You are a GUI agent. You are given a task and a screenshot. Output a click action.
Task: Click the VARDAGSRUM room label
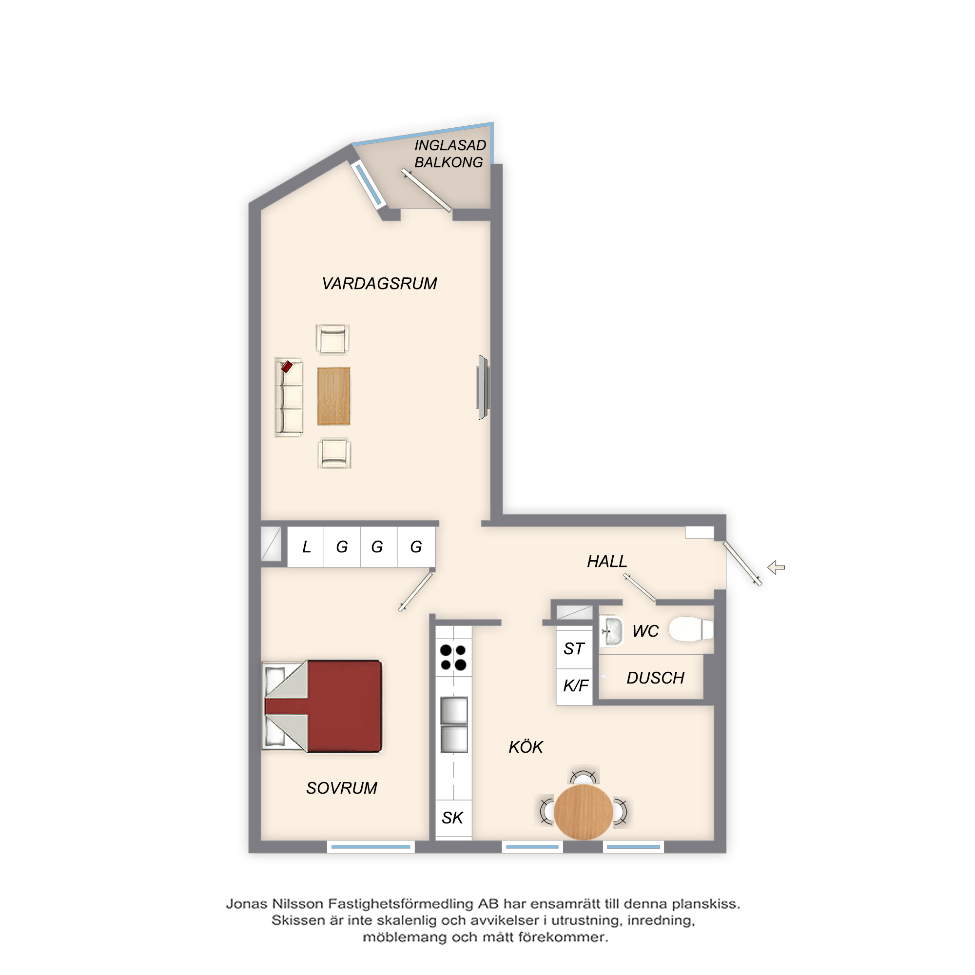coord(379,284)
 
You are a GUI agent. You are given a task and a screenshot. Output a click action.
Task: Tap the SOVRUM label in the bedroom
coord(342,788)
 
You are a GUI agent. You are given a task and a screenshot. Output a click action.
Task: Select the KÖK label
coord(526,746)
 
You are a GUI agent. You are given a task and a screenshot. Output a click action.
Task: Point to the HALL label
coord(606,561)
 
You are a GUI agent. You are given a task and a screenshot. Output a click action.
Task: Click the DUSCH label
coord(655,678)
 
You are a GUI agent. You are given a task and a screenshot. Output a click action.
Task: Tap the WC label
coord(645,631)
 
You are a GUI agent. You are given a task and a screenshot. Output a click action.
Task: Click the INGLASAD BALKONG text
coord(449,154)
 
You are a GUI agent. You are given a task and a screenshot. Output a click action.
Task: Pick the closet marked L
coord(305,546)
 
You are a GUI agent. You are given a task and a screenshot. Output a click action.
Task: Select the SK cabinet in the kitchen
coord(453,818)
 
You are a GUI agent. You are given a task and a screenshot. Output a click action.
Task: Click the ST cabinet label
coord(574,648)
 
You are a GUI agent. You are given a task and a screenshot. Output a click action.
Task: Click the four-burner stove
coord(453,657)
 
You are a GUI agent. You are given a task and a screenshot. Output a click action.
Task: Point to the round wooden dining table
coord(583,812)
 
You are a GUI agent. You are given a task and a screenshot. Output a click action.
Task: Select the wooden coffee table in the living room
coord(333,396)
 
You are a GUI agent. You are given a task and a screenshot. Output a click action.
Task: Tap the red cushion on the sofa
coord(287,367)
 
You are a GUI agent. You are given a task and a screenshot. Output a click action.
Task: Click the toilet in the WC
coord(691,630)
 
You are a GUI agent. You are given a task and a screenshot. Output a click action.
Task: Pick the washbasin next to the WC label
coord(612,631)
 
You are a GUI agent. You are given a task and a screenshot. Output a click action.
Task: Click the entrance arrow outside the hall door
coord(776,567)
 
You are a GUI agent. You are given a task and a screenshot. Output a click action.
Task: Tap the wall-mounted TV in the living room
coord(483,387)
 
